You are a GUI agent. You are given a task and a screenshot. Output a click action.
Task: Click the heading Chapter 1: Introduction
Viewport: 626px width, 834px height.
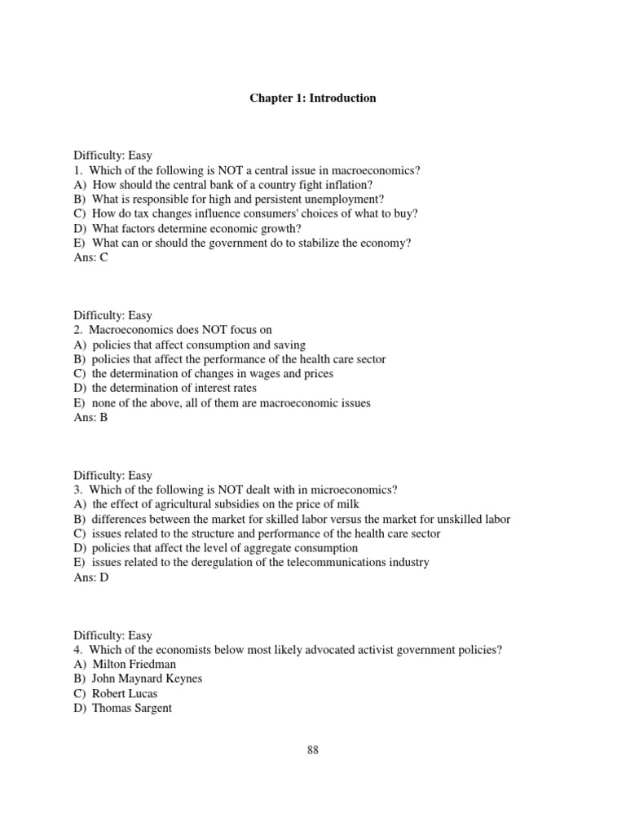312,98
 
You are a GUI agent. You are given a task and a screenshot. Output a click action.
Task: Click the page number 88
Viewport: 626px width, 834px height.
312,750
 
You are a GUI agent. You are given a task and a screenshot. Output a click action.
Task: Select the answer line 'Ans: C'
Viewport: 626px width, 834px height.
90,258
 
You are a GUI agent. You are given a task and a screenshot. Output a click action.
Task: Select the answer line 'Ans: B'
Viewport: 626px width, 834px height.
90,418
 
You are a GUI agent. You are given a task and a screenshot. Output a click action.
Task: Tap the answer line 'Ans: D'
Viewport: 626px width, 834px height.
90,577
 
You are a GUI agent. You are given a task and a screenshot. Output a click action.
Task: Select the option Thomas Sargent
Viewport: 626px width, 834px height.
123,709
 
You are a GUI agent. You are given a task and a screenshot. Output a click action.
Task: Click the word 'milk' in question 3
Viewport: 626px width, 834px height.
347,505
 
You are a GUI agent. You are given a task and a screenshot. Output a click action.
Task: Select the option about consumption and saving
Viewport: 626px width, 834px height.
190,345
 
